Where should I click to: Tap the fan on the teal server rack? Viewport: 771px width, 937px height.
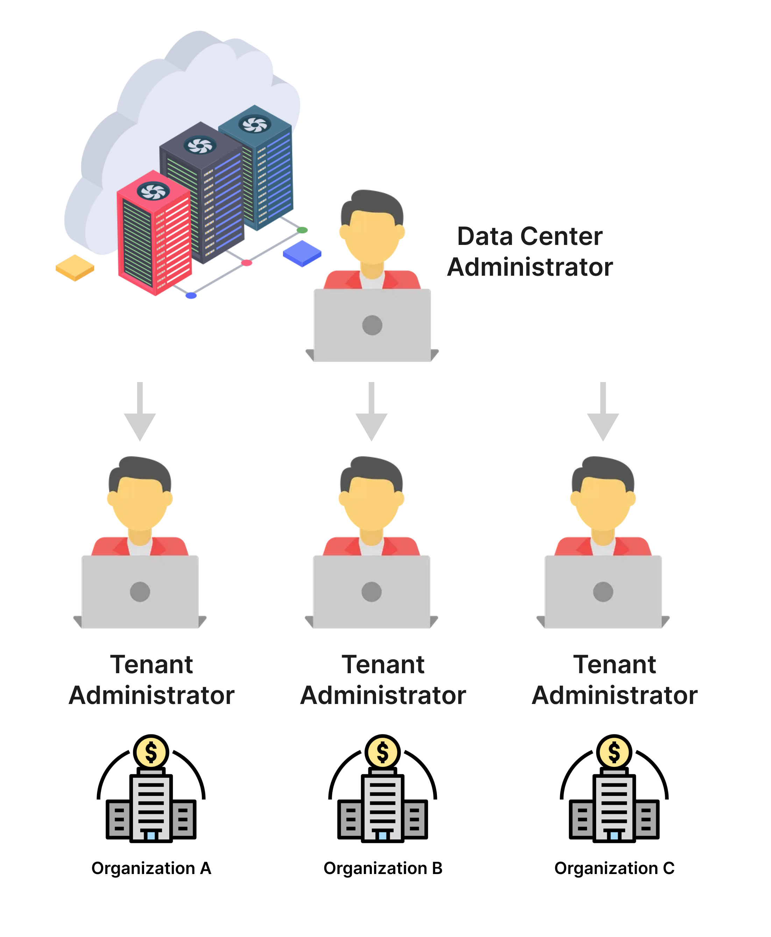pos(255,125)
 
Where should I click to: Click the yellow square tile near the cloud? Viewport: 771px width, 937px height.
pos(75,267)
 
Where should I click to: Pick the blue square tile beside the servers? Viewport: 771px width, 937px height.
pos(302,253)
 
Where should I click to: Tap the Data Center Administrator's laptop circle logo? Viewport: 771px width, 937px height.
pos(372,325)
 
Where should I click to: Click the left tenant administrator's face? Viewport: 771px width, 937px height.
pos(140,502)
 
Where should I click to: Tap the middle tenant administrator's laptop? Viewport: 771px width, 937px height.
pos(371,591)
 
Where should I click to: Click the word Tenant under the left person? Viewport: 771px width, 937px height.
pos(151,665)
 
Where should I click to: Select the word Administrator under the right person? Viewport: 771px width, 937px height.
pos(614,695)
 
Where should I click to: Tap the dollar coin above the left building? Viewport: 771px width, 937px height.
pos(151,752)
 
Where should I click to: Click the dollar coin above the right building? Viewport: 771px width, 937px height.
pos(614,752)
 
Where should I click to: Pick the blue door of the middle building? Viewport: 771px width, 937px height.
pos(382,835)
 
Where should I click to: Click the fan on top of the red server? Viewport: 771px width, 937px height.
pos(153,191)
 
